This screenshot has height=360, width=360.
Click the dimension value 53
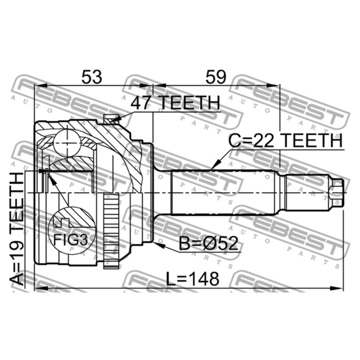(x=92, y=77)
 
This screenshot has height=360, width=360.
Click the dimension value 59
(x=216, y=77)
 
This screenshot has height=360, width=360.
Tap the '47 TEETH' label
(x=175, y=103)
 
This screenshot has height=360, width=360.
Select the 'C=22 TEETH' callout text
(x=285, y=141)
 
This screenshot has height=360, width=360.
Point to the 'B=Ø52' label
(x=208, y=243)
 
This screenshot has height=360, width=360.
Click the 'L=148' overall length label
(x=192, y=279)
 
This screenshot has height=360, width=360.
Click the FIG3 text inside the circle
(x=70, y=240)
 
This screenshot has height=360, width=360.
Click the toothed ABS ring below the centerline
(x=112, y=231)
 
